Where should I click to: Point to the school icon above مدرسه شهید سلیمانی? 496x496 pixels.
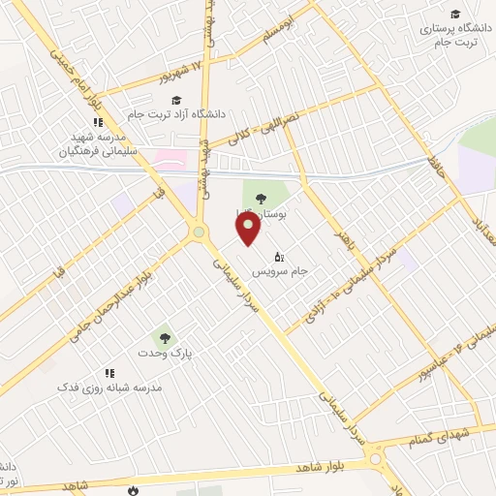97,122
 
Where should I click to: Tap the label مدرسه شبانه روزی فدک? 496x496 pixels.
108,387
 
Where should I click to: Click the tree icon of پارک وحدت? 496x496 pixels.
166,338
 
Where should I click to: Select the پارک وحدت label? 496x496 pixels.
165,354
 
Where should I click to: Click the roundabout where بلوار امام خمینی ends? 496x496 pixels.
200,232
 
